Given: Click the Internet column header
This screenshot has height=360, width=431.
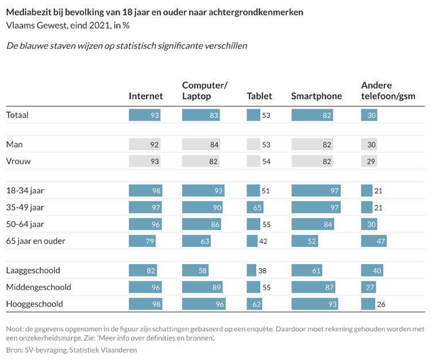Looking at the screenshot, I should tap(146, 96).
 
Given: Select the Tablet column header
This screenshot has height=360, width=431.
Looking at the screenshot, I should tap(259, 96).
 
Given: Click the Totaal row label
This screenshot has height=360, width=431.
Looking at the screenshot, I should tap(17, 115).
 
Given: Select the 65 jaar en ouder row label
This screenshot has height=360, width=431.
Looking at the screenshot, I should tap(36, 241).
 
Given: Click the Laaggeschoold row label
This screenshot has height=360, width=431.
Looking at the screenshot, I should tap(33, 270).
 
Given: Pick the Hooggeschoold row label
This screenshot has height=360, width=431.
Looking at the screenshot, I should tap(34, 304).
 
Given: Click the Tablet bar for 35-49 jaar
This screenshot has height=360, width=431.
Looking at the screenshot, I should tap(255, 208).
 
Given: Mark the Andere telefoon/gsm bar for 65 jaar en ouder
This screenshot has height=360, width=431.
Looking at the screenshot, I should tap(374, 241).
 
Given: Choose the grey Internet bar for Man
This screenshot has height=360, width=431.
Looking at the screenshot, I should tap(145, 145).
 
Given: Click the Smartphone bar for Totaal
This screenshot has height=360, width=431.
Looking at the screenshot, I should tap(313, 115).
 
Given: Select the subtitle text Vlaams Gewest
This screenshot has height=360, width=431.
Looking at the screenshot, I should tap(32, 25).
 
